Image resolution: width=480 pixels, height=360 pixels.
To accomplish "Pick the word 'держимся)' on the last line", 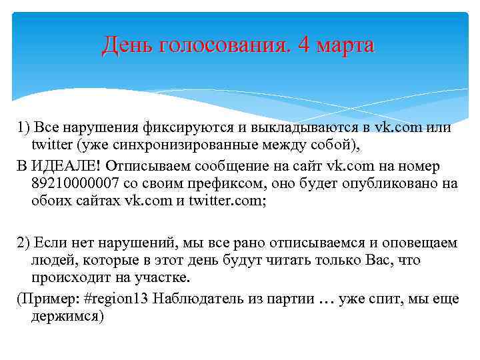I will coord(67,317).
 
